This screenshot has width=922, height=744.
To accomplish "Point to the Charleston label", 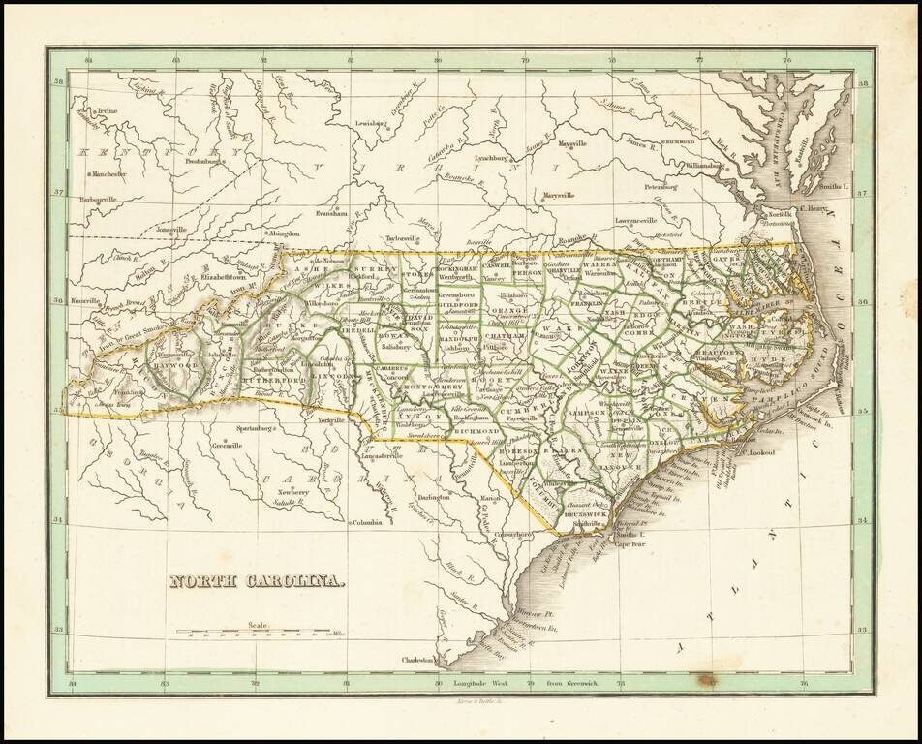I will click(x=417, y=661).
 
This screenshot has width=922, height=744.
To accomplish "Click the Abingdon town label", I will click(x=285, y=233).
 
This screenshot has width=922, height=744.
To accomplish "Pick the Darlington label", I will click(x=434, y=497).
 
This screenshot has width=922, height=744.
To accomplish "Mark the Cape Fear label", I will click(x=631, y=544).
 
